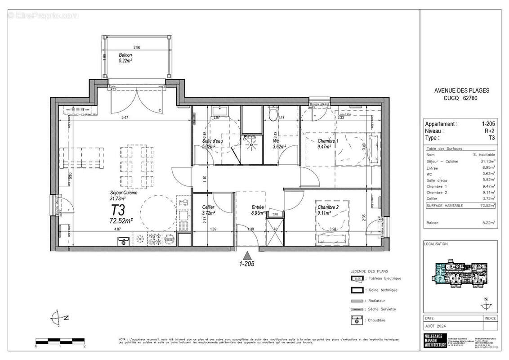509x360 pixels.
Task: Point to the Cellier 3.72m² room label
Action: (209, 210)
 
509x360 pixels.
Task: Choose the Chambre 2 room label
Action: (328, 210)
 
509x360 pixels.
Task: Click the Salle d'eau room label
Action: (212, 143)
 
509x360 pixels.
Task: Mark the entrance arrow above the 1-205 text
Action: (246, 255)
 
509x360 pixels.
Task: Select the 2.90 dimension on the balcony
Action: (136, 47)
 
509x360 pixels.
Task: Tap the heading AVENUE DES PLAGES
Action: (462, 90)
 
